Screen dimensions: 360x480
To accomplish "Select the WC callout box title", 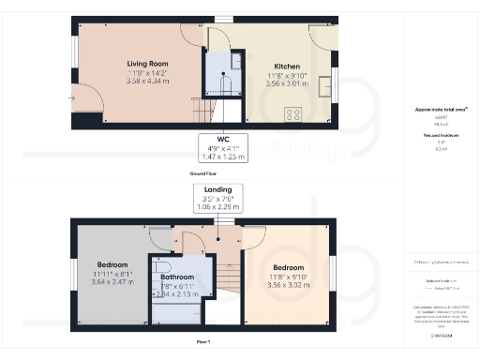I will (x=222, y=139).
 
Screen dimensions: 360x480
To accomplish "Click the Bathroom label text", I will (x=176, y=277).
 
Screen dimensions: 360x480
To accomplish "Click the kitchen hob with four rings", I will (x=293, y=115).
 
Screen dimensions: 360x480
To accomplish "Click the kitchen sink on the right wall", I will (x=323, y=86).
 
